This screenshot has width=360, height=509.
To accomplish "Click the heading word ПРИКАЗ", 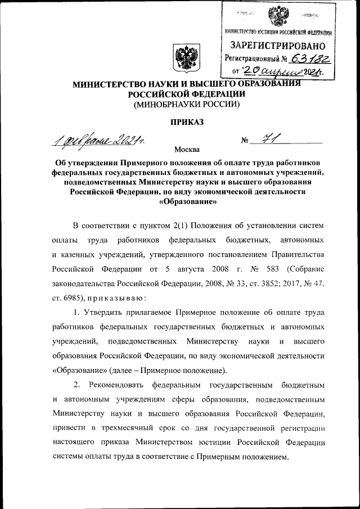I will [x=186, y=121].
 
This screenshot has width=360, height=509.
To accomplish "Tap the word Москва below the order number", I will [x=187, y=150].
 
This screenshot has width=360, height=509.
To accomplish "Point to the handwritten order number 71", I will [x=264, y=138].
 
